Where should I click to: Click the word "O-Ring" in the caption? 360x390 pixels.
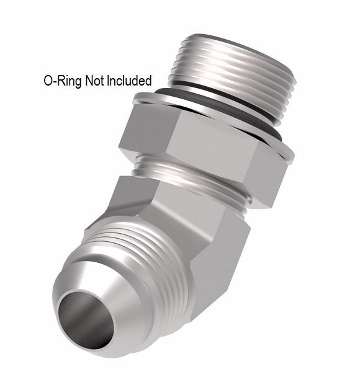point(61,81)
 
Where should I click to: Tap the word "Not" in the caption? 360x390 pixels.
point(96,81)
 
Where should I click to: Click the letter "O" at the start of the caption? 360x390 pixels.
point(48,81)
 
